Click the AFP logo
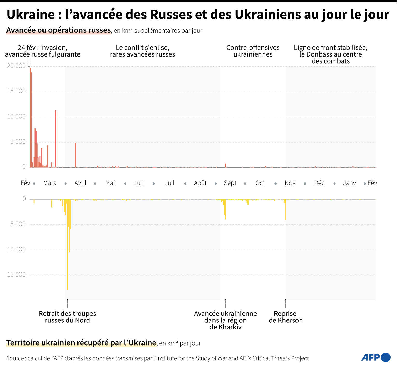click(375, 357)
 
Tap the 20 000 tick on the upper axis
click(16, 66)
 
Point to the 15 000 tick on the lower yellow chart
click(16, 274)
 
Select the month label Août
click(200, 183)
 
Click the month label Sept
click(230, 183)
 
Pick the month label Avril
click(80, 183)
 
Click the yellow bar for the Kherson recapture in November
click(285, 210)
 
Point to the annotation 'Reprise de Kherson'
click(286, 317)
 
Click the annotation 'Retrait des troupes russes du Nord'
click(67, 317)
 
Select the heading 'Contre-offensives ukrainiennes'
click(253, 51)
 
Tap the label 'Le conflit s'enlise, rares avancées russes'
click(143, 51)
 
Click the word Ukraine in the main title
click(31, 15)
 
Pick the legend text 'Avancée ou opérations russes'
click(59, 30)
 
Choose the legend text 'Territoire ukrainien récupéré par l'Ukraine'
click(81, 343)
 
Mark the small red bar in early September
click(225, 165)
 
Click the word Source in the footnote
click(15, 358)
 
